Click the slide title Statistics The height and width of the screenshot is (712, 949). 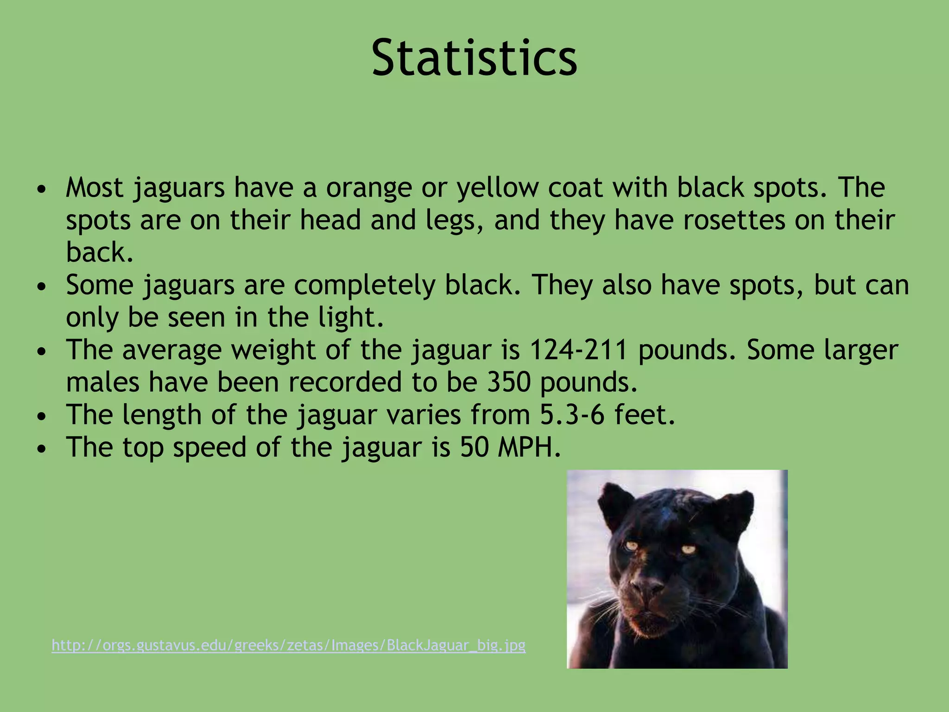pos(474,58)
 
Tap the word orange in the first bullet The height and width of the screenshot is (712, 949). pos(369,188)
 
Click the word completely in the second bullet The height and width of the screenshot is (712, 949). pos(364,285)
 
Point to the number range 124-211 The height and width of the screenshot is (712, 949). pos(578,350)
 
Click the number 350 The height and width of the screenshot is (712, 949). pos(508,382)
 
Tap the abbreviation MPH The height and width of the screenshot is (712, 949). pos(529,447)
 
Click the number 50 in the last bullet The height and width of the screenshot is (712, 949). pos(474,447)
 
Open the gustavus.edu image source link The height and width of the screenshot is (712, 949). pos(288,645)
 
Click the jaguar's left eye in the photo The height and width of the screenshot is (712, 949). pos(631,546)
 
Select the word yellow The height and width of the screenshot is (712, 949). pos(498,188)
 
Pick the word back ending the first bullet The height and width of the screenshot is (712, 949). pos(99,253)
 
